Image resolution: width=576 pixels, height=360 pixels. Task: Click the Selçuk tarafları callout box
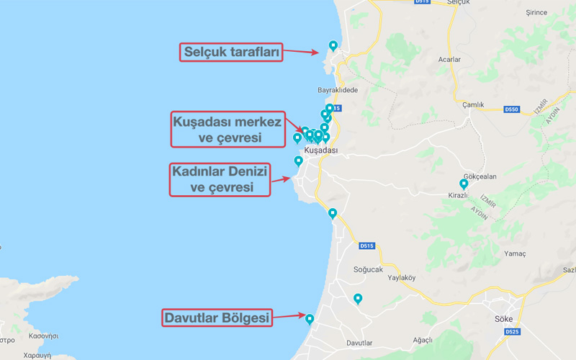pos(230,52)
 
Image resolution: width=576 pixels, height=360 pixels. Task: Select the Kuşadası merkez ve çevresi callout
pos(227,129)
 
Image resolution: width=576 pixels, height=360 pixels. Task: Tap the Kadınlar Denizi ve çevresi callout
pos(220,179)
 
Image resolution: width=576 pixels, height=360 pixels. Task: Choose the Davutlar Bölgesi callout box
pos(216,318)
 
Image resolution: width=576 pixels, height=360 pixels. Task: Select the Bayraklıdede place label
pos(338,90)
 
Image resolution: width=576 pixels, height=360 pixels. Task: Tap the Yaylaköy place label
pos(402,277)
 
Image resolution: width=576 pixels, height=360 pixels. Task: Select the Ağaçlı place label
pos(420,339)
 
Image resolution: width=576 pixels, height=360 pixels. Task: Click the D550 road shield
pos(511,109)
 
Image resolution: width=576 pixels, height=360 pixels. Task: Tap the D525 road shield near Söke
pos(512,332)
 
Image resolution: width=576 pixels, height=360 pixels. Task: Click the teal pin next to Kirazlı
pos(464,184)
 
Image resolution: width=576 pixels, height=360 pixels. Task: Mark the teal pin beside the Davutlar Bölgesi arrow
pos(310,319)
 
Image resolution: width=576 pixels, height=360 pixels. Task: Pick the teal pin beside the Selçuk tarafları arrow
pos(333,45)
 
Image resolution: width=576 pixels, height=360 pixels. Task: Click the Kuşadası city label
pos(321,150)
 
